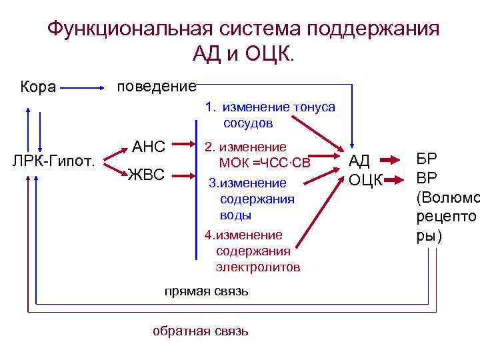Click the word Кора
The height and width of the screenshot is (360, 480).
[x=38, y=87]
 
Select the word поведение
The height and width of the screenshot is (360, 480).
[x=156, y=87]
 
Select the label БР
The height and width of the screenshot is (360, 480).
[x=427, y=159]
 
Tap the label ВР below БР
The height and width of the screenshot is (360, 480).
[x=427, y=178]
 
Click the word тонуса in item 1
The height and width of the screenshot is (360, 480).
[x=314, y=107]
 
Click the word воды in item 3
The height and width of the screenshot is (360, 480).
[x=235, y=215]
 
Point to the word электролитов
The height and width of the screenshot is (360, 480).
[x=257, y=267]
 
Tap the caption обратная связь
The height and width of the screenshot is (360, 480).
[x=201, y=331]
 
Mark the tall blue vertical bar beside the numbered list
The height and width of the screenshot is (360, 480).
[x=197, y=190]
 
